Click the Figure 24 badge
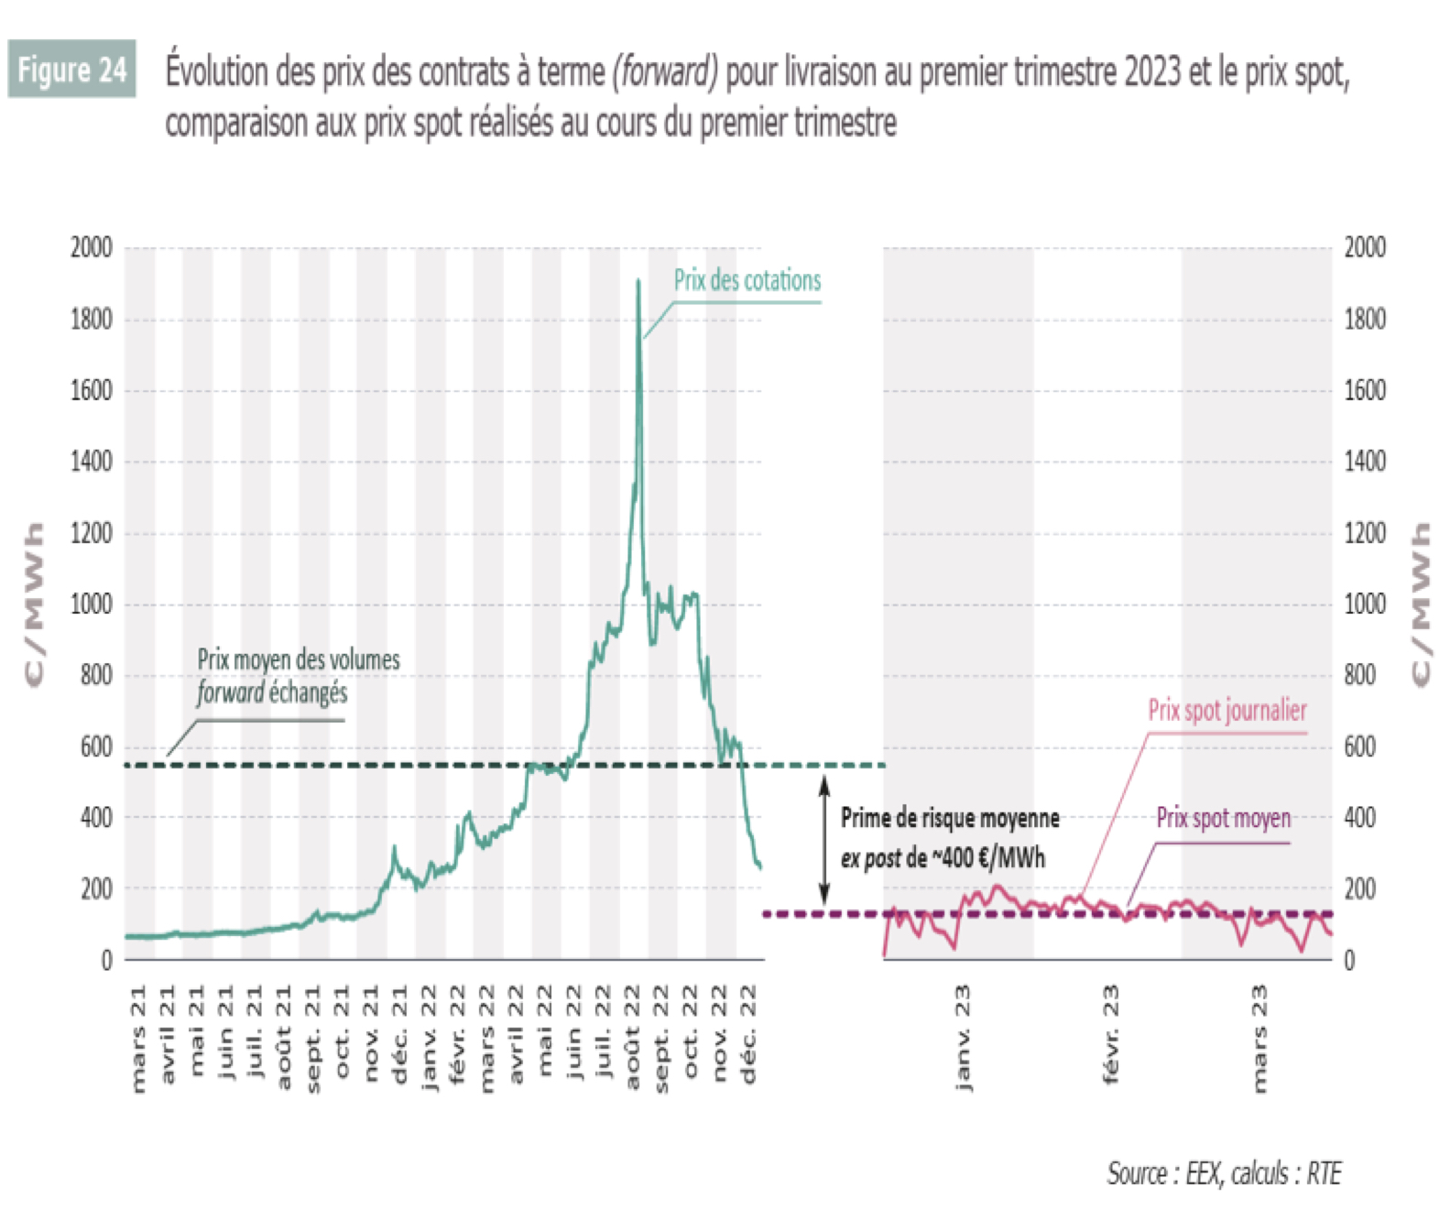click(71, 69)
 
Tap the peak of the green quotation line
click(638, 281)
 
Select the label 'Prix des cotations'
click(747, 280)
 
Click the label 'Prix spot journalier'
click(1227, 710)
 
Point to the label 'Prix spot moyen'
click(1223, 818)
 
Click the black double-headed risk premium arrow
click(823, 839)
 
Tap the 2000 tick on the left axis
click(91, 247)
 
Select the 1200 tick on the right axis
click(1364, 533)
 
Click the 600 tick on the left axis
click(96, 746)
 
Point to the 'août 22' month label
click(632, 1038)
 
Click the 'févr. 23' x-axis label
click(1110, 1035)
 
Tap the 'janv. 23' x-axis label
click(962, 1038)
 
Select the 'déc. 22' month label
click(748, 1035)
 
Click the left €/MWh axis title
click(34, 604)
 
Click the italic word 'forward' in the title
click(665, 71)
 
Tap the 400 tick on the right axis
click(1360, 818)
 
